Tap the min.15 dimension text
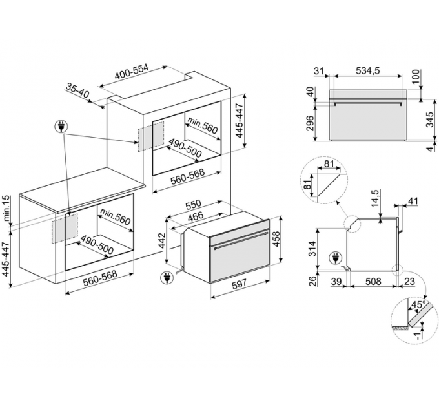coord(6,209)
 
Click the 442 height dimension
coord(163,241)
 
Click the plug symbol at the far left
coord(63,127)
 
